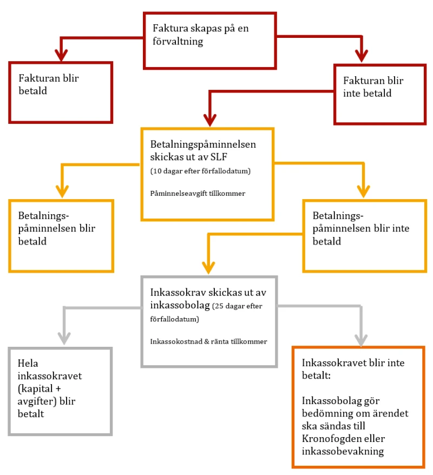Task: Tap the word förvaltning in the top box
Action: point(178,42)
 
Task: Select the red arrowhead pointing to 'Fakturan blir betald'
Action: point(61,55)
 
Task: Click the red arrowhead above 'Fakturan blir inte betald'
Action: point(362,56)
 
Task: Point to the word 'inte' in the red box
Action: point(352,93)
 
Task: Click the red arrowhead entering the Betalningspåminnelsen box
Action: point(209,120)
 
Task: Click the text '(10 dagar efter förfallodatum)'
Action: point(200,171)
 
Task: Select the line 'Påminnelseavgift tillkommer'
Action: point(198,194)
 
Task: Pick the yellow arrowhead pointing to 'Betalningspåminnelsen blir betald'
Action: point(62,192)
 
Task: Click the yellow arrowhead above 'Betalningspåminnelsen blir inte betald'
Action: point(363,192)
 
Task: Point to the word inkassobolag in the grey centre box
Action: point(180,305)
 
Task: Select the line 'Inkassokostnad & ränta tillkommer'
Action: point(208,342)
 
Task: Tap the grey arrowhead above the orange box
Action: point(361,340)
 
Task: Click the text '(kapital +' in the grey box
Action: point(39,388)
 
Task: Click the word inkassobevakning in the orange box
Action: point(343,451)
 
